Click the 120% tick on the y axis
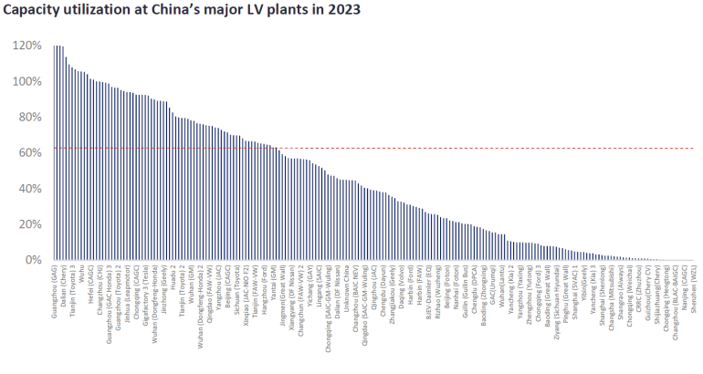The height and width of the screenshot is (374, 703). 25,46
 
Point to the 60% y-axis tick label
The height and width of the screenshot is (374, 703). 27,152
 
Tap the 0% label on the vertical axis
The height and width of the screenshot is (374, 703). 31,260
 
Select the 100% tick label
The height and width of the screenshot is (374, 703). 25,81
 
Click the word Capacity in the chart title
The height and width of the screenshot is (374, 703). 36,12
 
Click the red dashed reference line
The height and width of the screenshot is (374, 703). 456,148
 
